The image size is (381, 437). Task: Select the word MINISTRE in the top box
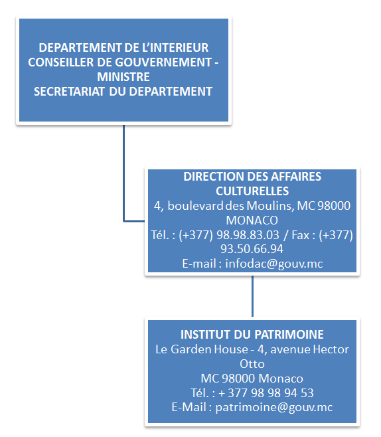pyautogui.click(x=123, y=77)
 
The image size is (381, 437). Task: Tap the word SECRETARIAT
pyautogui.click(x=69, y=92)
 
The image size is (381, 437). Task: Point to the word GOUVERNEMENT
pyautogui.click(x=163, y=62)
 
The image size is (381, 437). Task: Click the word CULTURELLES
pyautogui.click(x=252, y=191)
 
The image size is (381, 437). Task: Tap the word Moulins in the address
pyautogui.click(x=269, y=206)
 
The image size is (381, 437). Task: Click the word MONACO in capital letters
pyautogui.click(x=252, y=220)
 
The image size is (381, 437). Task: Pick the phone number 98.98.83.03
pyautogui.click(x=248, y=235)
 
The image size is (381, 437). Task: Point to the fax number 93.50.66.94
pyautogui.click(x=252, y=249)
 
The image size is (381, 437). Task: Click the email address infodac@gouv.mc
pyautogui.click(x=274, y=264)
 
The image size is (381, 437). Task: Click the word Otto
pyautogui.click(x=252, y=364)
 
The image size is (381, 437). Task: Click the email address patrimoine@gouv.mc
pyautogui.click(x=274, y=408)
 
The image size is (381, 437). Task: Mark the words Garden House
pyautogui.click(x=209, y=349)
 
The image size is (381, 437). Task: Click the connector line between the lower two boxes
pyautogui.click(x=252, y=296)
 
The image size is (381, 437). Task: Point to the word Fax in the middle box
pyautogui.click(x=300, y=235)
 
